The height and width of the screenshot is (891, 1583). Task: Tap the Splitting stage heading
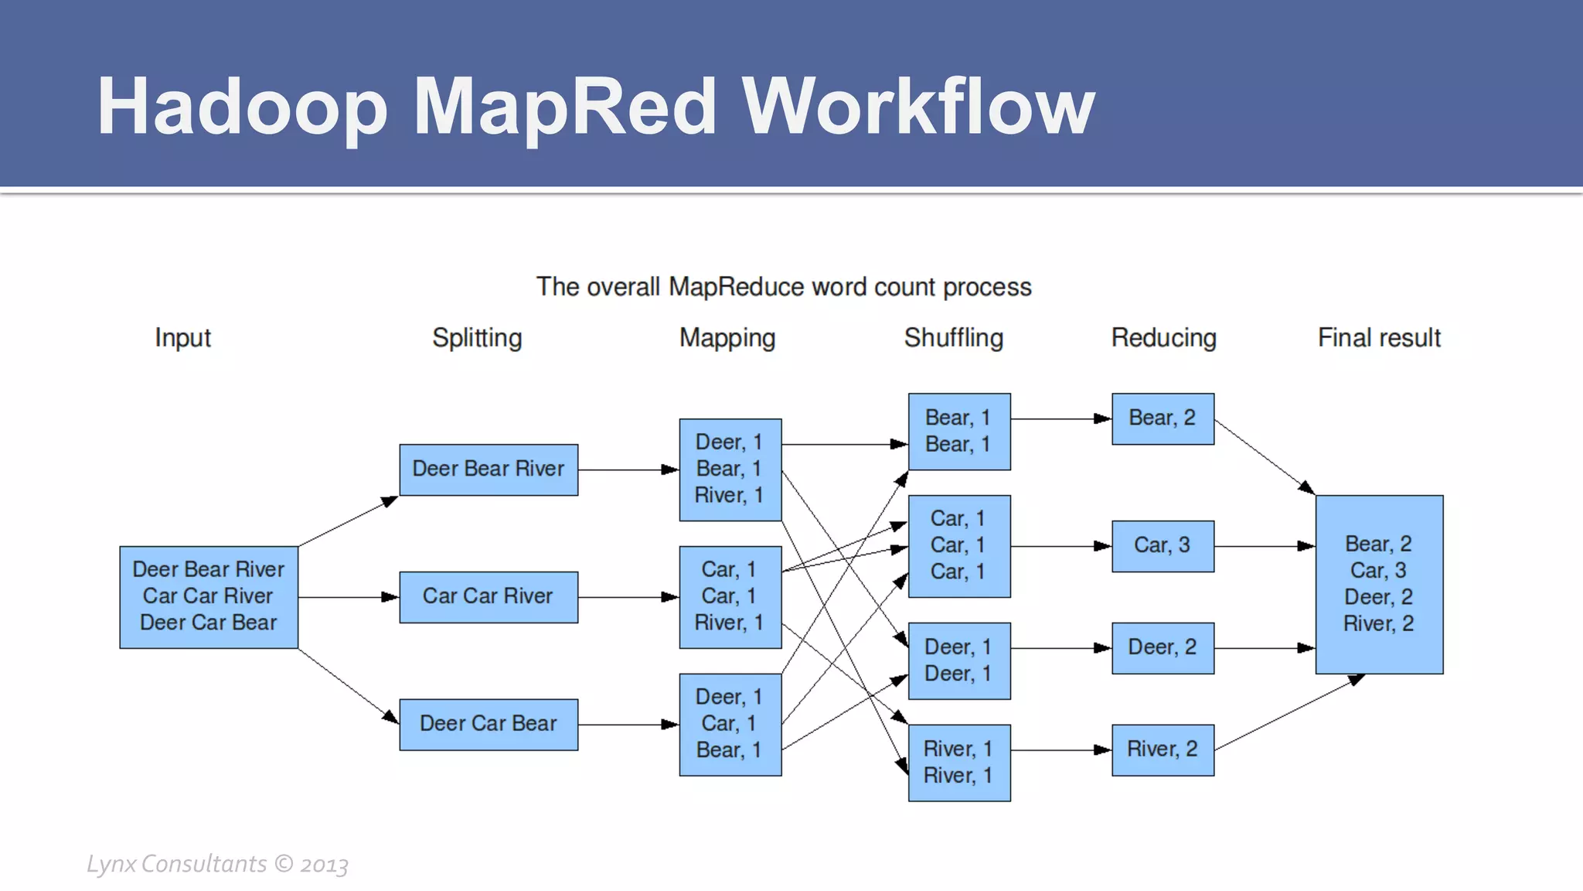tap(477, 338)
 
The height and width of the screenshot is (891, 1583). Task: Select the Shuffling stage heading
tap(953, 338)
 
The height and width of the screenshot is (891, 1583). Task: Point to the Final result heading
tap(1379, 338)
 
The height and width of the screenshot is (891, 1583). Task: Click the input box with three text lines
tap(209, 597)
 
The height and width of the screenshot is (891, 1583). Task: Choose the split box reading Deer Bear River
tap(489, 469)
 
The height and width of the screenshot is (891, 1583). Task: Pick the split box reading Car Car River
tap(489, 597)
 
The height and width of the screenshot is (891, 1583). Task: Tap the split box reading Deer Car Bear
tap(489, 725)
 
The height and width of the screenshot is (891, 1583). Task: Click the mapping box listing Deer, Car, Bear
tap(730, 725)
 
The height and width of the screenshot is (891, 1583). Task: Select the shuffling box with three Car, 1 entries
tap(958, 546)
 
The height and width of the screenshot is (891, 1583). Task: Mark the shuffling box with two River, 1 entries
tap(958, 763)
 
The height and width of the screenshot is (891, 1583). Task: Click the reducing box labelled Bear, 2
tap(1163, 419)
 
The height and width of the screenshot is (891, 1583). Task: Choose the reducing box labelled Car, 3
tap(1163, 546)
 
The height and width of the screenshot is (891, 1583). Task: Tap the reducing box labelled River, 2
tap(1163, 750)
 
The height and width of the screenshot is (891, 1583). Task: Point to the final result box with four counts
tap(1379, 585)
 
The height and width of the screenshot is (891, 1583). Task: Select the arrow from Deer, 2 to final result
tap(1264, 648)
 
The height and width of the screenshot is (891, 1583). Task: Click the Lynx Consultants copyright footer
tap(217, 864)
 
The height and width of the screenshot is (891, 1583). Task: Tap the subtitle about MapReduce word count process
tap(784, 287)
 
